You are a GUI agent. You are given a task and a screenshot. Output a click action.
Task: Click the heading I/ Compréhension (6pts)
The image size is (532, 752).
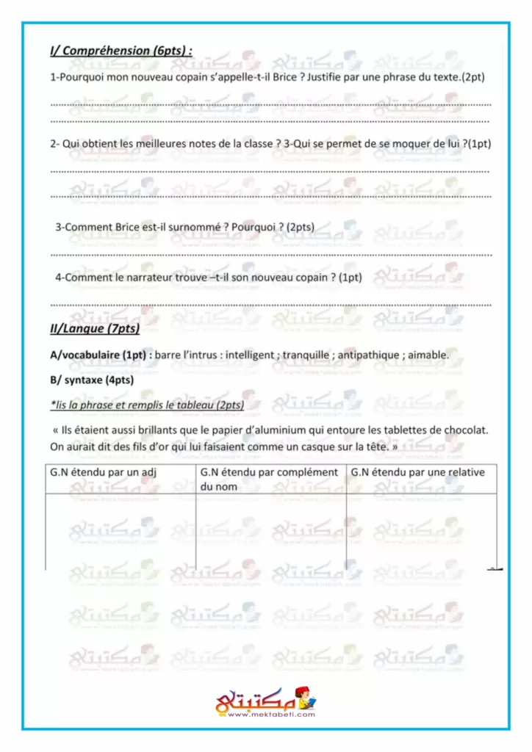[x=121, y=51]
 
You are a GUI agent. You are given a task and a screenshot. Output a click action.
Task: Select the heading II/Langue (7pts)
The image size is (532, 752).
[x=95, y=329]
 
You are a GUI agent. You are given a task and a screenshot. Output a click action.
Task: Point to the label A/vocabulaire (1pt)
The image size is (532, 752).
[x=100, y=355]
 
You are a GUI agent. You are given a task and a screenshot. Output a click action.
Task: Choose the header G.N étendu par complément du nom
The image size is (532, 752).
[x=269, y=479]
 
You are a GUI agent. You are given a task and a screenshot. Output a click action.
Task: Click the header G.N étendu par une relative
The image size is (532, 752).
[x=418, y=473]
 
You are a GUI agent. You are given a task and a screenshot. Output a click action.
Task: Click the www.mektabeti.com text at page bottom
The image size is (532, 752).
[x=267, y=714]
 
